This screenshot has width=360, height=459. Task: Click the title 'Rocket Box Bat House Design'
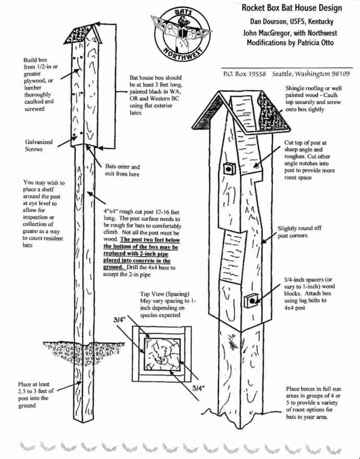click(292, 8)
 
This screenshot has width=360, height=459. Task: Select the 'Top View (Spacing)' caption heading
click(165, 294)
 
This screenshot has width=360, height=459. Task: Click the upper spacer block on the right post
click(229, 168)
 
